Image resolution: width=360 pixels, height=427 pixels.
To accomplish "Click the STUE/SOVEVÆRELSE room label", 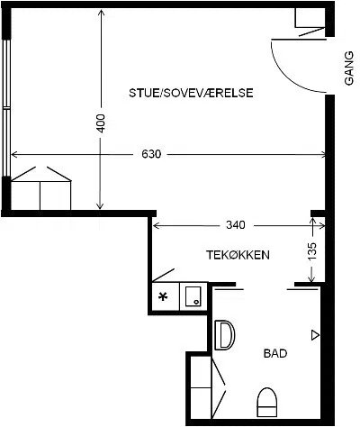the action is click(x=191, y=93).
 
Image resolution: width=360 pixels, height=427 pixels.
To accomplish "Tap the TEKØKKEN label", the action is click(x=238, y=255).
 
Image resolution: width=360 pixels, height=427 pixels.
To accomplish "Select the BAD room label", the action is click(x=275, y=353).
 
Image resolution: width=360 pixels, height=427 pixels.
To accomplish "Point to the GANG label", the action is click(x=349, y=68).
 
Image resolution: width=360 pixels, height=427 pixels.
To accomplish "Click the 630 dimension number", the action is click(x=151, y=154).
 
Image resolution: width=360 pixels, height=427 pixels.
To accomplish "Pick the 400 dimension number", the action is click(x=101, y=123).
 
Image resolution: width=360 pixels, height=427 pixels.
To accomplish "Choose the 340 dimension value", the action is click(x=236, y=224).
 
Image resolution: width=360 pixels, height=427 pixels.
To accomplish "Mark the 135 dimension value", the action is click(x=311, y=251).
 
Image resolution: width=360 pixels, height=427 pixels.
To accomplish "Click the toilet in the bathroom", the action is click(x=267, y=402).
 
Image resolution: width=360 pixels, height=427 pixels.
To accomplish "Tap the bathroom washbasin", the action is click(x=224, y=335).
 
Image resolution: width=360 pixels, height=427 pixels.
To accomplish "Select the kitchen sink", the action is click(x=193, y=296).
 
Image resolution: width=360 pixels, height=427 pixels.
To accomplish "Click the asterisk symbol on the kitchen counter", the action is click(x=163, y=297).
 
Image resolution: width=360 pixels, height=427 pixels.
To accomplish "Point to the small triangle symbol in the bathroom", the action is click(x=315, y=335).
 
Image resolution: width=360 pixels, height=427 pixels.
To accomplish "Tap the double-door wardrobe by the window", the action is click(x=40, y=188).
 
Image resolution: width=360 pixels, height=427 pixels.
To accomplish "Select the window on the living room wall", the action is click(x=6, y=107).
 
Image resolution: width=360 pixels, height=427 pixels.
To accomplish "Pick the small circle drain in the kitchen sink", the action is click(x=196, y=302).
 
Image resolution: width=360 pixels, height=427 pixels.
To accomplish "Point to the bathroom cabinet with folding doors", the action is click(x=208, y=387).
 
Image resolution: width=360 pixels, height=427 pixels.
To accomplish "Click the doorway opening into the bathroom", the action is click(x=265, y=285).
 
